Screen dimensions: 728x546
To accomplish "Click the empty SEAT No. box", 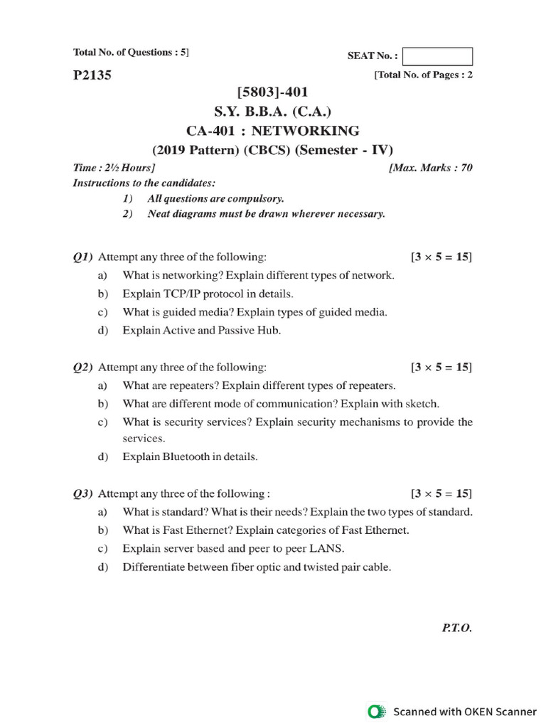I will click(437, 56).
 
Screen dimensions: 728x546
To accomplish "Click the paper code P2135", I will click(92, 75).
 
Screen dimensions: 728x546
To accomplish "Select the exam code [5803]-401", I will click(272, 92).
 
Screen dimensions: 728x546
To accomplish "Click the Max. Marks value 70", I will click(466, 168).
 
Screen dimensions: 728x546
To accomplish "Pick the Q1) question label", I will click(84, 256).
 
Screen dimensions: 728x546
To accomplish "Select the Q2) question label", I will click(84, 367).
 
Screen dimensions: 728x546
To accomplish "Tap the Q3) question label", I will click(84, 493).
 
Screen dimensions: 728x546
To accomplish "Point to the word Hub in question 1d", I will click(271, 330).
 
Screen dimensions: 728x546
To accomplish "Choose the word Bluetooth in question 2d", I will click(187, 456).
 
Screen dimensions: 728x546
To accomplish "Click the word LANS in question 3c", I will click(330, 549).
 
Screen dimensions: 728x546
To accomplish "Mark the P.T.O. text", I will click(457, 628).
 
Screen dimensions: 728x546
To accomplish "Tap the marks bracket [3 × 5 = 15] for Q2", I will click(441, 367).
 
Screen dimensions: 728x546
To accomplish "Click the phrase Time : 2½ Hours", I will click(114, 168).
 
